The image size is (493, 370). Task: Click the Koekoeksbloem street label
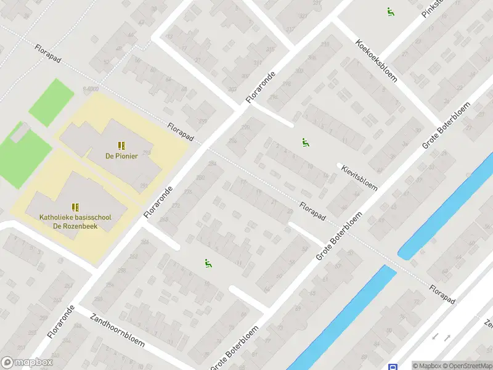(376, 62)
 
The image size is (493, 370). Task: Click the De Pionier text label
(121, 156)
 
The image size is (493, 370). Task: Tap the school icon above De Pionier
(121, 146)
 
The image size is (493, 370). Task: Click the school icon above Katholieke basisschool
(75, 207)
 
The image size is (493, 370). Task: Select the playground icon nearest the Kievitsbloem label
(305, 142)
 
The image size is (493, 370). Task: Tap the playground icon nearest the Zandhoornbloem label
(208, 264)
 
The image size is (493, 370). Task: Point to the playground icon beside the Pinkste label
(390, 12)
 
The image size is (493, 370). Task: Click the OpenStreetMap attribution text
(468, 366)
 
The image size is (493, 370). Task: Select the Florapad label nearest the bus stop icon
(442, 294)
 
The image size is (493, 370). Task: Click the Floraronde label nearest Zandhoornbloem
(60, 321)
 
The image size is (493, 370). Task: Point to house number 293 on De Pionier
(147, 152)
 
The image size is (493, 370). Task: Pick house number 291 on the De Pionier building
(143, 185)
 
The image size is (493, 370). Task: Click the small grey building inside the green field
(20, 131)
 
